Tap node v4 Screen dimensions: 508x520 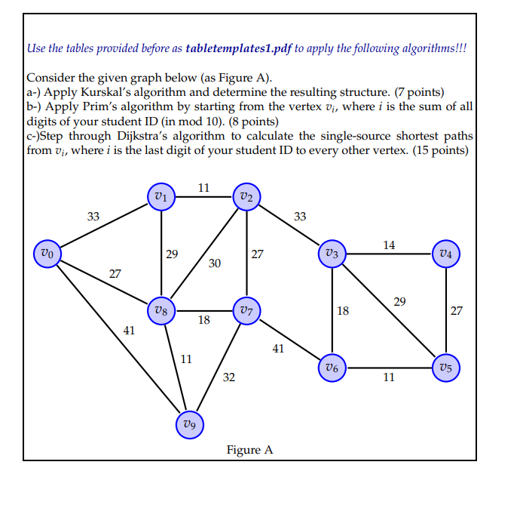point(448,253)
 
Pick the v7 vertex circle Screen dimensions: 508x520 point(246,310)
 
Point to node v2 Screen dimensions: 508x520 point(246,197)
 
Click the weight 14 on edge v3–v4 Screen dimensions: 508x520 point(389,245)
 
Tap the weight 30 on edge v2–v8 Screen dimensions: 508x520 point(215,263)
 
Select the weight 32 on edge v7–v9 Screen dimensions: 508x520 point(229,377)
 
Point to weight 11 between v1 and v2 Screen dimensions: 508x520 point(203,187)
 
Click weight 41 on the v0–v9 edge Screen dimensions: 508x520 point(130,329)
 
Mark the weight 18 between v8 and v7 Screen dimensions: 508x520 point(203,320)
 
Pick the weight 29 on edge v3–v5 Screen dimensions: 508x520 point(399,301)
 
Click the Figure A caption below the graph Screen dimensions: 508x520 point(249,450)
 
